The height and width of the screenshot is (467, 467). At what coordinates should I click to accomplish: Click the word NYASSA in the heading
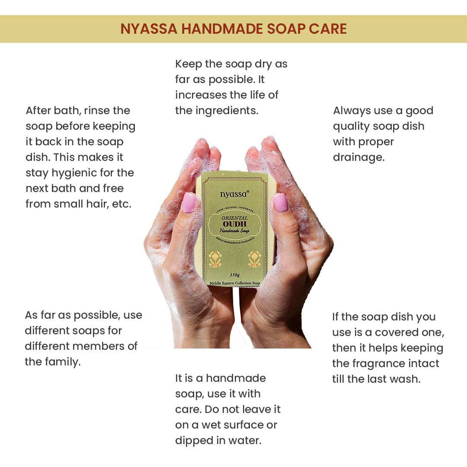point(149,29)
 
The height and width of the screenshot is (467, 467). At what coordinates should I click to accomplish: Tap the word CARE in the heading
point(328,29)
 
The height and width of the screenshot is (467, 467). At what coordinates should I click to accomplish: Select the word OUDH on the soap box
point(235,224)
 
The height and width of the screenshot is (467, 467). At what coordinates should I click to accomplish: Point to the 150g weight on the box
point(235,275)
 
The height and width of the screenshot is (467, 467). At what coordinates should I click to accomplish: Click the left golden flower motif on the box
point(215,259)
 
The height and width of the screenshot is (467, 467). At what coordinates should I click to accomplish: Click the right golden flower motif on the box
point(255,259)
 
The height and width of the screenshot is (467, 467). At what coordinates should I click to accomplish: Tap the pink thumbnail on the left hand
point(189,202)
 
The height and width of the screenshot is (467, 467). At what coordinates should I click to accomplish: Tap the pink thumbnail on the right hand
point(280,202)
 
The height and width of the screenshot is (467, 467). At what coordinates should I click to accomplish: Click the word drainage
point(358,157)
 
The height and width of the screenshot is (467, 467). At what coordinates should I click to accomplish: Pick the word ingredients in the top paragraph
point(227,111)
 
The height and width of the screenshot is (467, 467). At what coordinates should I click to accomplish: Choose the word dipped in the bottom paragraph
point(194,441)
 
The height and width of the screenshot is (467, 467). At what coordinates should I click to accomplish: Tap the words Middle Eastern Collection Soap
point(235,283)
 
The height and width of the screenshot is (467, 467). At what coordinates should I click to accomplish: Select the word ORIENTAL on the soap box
point(235,218)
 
